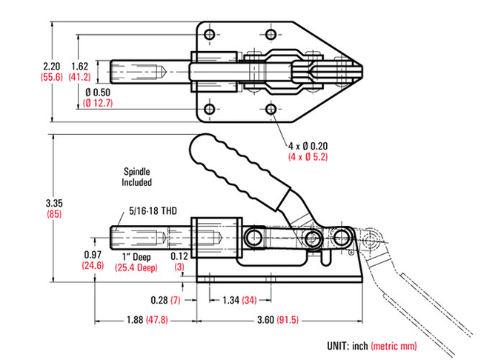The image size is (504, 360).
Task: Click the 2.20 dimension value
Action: point(51,66)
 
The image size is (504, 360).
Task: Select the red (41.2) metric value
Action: point(79,77)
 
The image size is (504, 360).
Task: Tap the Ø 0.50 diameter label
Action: point(98,93)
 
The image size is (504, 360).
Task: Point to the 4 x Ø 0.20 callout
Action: point(308,146)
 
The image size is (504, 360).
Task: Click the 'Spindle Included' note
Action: point(136,177)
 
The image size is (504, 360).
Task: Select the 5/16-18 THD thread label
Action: point(153,211)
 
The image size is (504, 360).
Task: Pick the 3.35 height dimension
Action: point(54,203)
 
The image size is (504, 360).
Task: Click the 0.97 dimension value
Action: point(93,255)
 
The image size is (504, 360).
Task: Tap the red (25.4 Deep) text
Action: point(136,267)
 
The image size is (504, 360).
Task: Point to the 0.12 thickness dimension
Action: point(179,256)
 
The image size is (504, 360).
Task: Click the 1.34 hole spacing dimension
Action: point(231,300)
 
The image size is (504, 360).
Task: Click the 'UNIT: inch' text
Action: point(347,346)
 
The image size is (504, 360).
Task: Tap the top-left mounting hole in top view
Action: point(210,34)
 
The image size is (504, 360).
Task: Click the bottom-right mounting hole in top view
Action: point(271,109)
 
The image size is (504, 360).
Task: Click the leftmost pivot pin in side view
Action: point(254,238)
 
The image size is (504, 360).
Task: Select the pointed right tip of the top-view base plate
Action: point(362,71)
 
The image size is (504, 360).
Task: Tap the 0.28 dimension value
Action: point(159,300)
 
